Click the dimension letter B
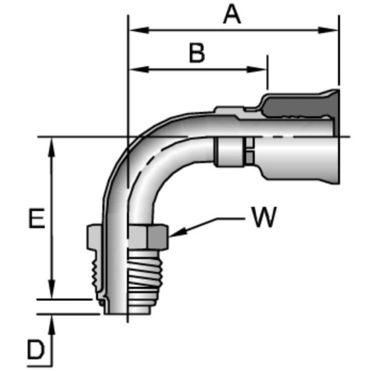(x=197, y=53)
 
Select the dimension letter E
(x=37, y=218)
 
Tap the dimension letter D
(x=36, y=350)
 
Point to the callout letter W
(x=264, y=217)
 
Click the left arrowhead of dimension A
(x=139, y=30)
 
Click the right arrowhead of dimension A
(x=328, y=30)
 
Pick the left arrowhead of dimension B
(x=139, y=69)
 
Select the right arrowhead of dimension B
(x=257, y=69)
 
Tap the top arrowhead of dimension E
(x=51, y=147)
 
